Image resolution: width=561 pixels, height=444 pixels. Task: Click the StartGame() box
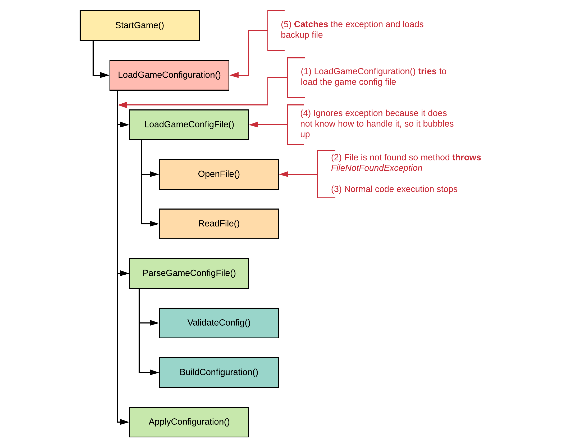139,26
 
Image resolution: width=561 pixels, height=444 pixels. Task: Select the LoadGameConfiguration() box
169,75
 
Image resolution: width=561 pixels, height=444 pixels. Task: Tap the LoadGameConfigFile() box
189,124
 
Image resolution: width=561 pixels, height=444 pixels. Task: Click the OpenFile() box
219,174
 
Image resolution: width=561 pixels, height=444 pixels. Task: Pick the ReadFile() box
219,224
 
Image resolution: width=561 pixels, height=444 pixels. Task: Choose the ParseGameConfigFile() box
189,273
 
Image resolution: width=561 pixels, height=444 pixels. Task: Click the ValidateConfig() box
219,323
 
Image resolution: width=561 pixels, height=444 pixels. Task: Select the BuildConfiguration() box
219,372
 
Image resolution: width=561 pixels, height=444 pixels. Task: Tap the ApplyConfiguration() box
189,422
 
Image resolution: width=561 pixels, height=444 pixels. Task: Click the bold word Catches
311,24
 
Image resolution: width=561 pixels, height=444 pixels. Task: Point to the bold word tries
427,71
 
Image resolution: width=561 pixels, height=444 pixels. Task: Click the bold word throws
466,158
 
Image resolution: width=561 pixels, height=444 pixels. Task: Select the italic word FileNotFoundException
376,168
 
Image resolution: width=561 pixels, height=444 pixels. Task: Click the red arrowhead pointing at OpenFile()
284,174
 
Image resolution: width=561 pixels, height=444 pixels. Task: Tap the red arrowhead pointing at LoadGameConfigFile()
254,124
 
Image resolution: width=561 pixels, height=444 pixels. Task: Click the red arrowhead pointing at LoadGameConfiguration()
234,75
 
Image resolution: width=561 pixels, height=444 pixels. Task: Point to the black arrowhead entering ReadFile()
154,224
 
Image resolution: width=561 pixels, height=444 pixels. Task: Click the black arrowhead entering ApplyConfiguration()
124,422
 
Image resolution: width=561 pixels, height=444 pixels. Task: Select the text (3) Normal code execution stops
394,189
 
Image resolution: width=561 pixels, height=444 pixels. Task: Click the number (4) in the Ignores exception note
305,113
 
